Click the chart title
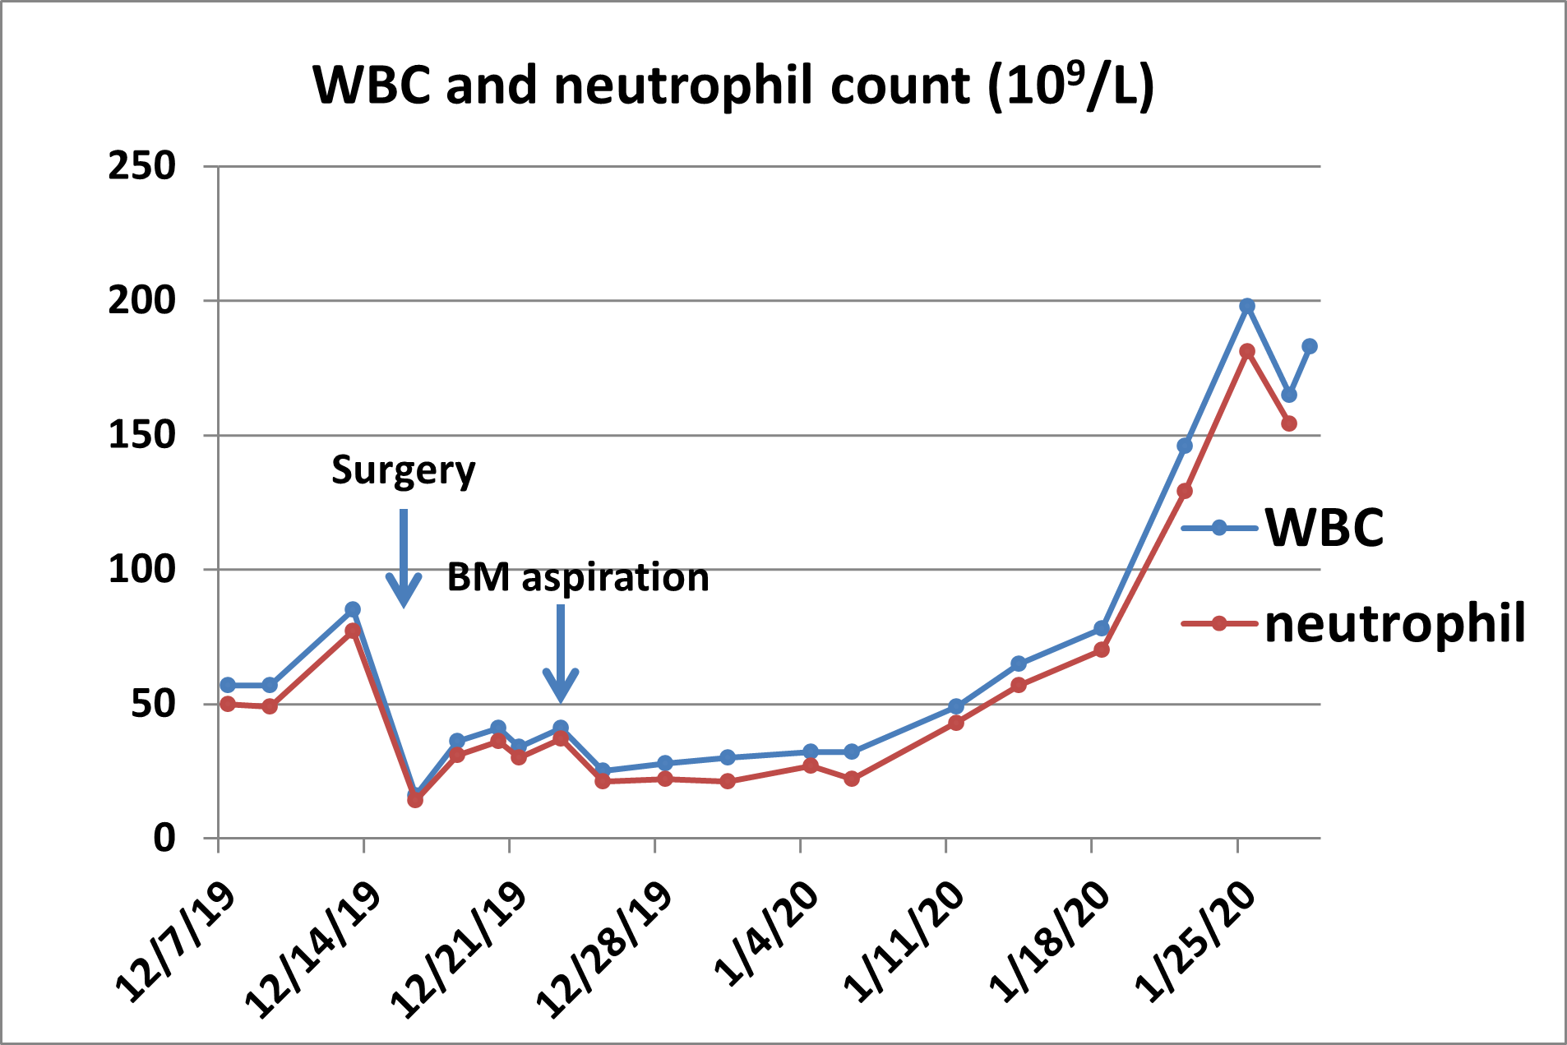point(733,86)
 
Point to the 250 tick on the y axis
point(142,166)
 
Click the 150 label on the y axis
point(142,435)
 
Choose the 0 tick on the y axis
point(164,838)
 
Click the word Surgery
point(403,470)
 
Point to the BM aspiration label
point(578,577)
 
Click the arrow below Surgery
point(404,559)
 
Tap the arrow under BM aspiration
point(561,654)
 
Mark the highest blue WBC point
point(1247,306)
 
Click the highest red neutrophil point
point(1247,351)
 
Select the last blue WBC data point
point(1310,346)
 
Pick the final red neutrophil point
point(1289,423)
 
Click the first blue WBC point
point(228,685)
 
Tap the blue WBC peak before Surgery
point(353,609)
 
